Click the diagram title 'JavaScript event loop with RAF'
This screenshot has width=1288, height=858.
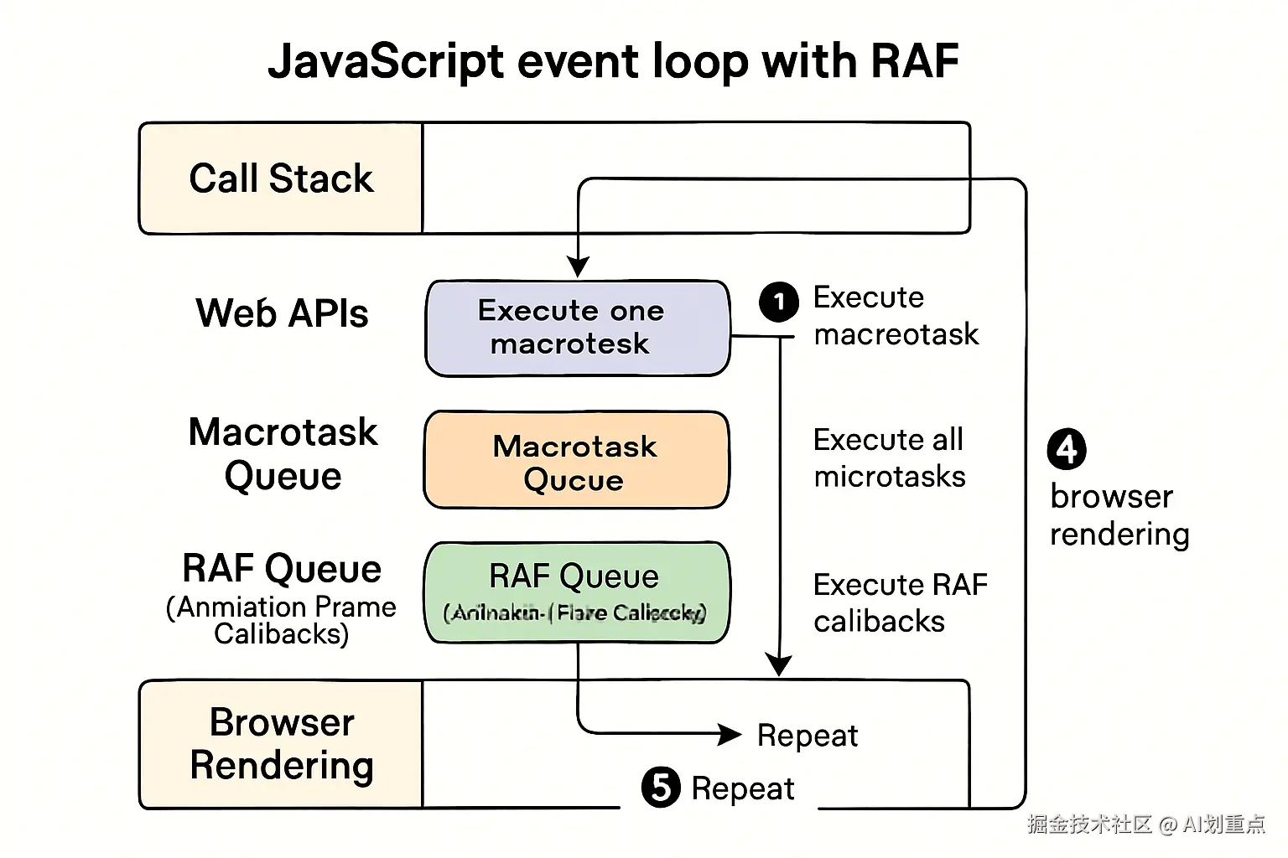(x=613, y=61)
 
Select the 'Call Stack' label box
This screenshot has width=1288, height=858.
(x=281, y=178)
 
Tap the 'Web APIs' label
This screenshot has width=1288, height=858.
(x=282, y=313)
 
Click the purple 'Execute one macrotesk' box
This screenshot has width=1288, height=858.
(x=577, y=328)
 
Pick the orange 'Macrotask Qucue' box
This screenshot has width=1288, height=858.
(x=576, y=460)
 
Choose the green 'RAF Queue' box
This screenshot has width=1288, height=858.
(x=576, y=592)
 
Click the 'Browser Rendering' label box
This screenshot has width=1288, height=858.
(x=281, y=744)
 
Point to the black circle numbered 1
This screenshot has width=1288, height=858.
(x=779, y=302)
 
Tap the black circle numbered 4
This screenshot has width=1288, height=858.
(x=1067, y=450)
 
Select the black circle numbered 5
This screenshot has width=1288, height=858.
(x=661, y=788)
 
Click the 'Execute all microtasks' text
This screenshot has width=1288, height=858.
(x=889, y=457)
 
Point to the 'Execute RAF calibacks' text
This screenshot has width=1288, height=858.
(x=900, y=602)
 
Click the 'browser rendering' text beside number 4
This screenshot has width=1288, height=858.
(x=1119, y=515)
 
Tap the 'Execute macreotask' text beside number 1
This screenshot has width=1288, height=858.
(x=895, y=316)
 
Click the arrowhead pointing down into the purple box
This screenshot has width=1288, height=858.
(x=578, y=267)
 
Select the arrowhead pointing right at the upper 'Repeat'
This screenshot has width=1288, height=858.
(x=730, y=735)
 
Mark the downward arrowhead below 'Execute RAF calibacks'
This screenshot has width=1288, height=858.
(x=779, y=665)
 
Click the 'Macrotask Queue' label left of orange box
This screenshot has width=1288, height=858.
(x=283, y=454)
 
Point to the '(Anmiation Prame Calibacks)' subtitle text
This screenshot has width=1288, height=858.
(x=281, y=620)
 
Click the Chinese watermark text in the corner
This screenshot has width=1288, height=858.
(x=1145, y=824)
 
